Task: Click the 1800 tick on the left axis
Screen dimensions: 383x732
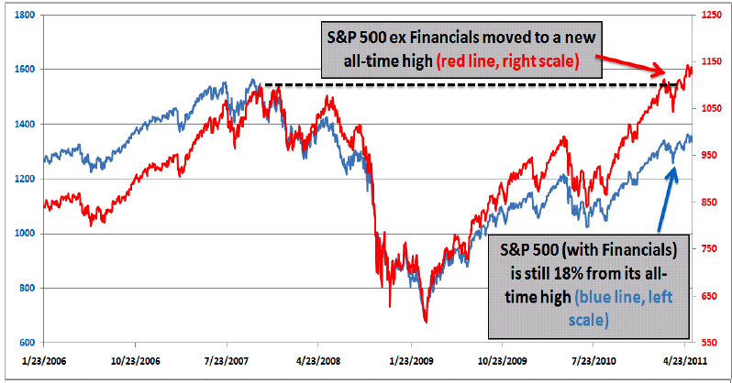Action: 23,16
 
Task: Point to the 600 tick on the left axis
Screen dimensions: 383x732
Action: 25,342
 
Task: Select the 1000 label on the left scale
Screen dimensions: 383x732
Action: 23,234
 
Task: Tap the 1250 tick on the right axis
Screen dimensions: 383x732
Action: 709,16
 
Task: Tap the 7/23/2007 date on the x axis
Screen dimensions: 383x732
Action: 235,362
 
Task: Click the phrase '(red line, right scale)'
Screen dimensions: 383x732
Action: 507,61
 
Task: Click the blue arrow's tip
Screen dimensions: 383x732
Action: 678,169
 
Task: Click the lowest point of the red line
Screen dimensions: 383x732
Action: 425,322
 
